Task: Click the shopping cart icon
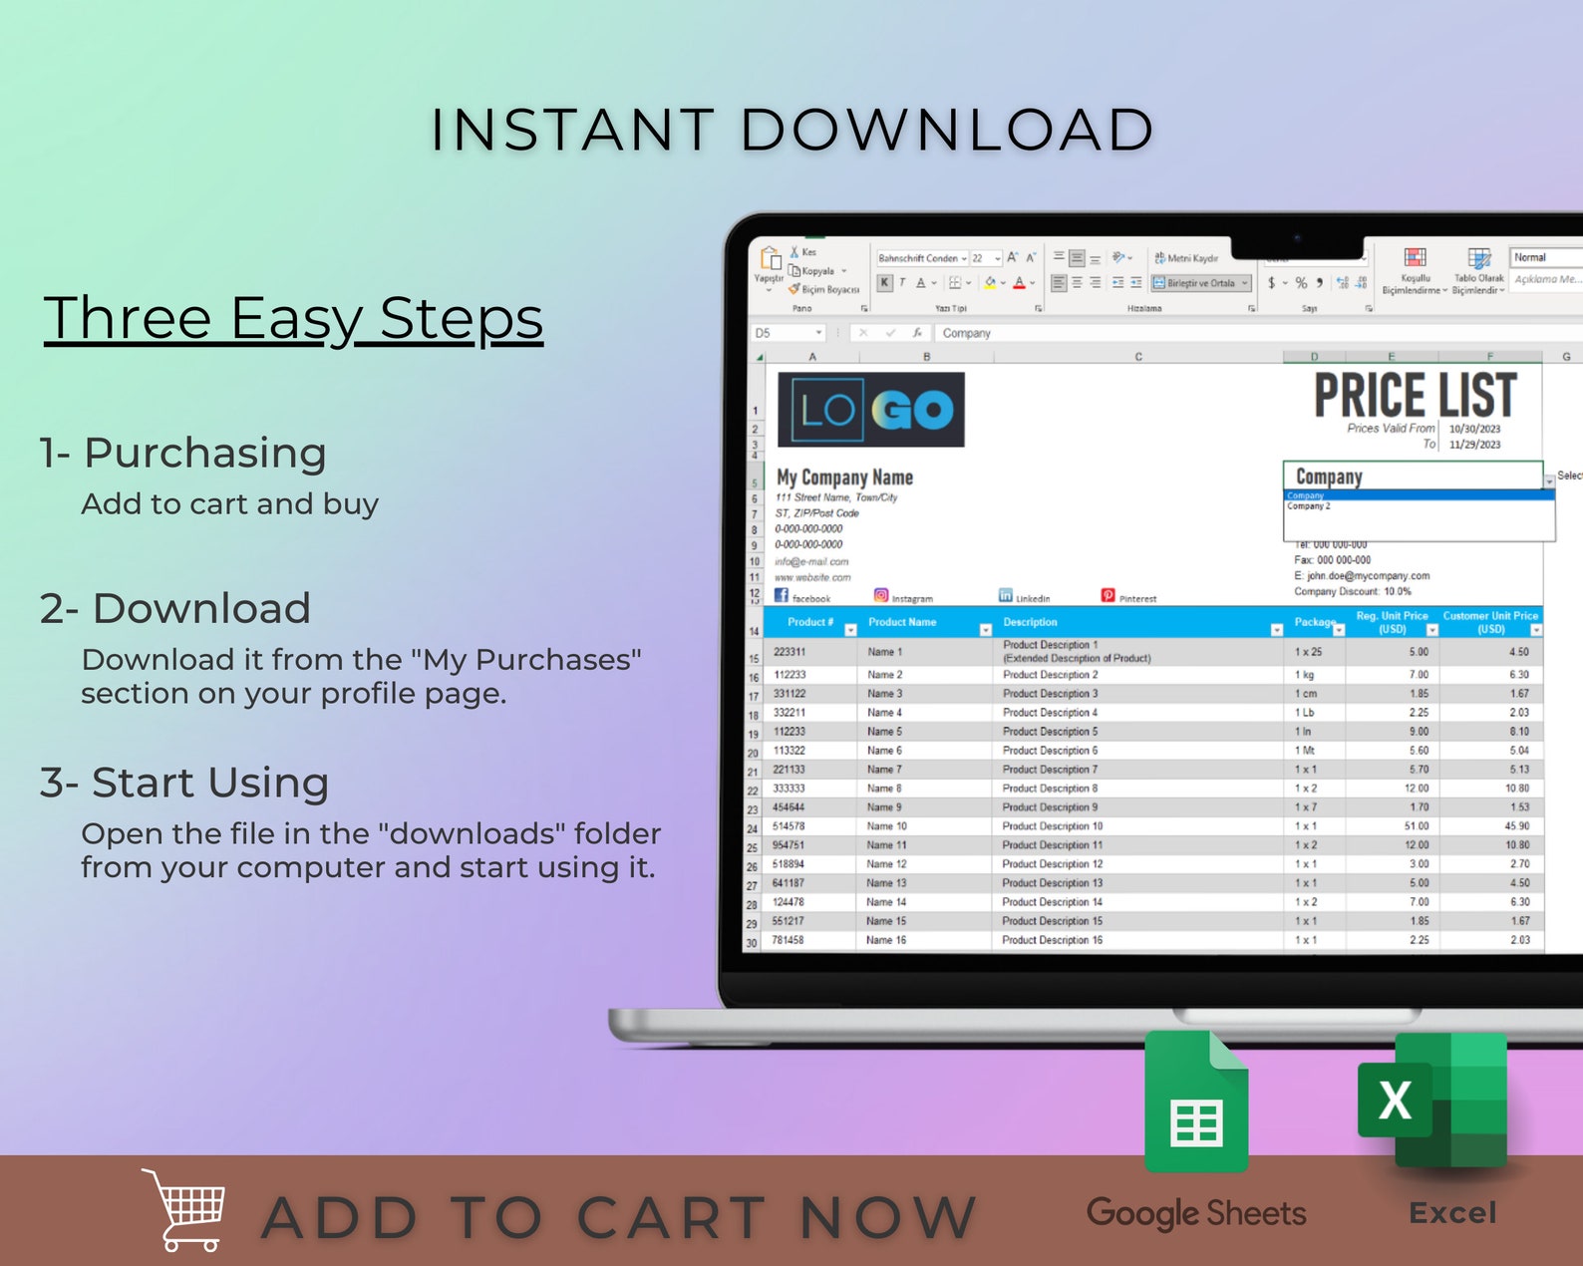tap(185, 1210)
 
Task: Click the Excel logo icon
tap(1431, 1101)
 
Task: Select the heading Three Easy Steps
tap(293, 319)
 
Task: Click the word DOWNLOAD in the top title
tap(947, 130)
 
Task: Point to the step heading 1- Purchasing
tap(183, 453)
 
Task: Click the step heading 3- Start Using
tap(184, 783)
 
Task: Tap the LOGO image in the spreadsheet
tap(870, 409)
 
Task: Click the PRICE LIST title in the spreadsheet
tap(1415, 395)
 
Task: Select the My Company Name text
tap(844, 477)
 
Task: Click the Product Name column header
tap(902, 622)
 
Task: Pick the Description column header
tap(1030, 622)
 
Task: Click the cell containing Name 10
tap(886, 826)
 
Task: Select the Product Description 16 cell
tap(1052, 940)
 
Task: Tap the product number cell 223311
tap(790, 652)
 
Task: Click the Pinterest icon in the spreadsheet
tap(1108, 595)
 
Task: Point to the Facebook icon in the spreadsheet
tap(782, 595)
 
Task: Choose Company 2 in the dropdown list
tap(1309, 506)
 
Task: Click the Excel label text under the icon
tap(1452, 1213)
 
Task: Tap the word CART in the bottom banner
tap(671, 1217)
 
